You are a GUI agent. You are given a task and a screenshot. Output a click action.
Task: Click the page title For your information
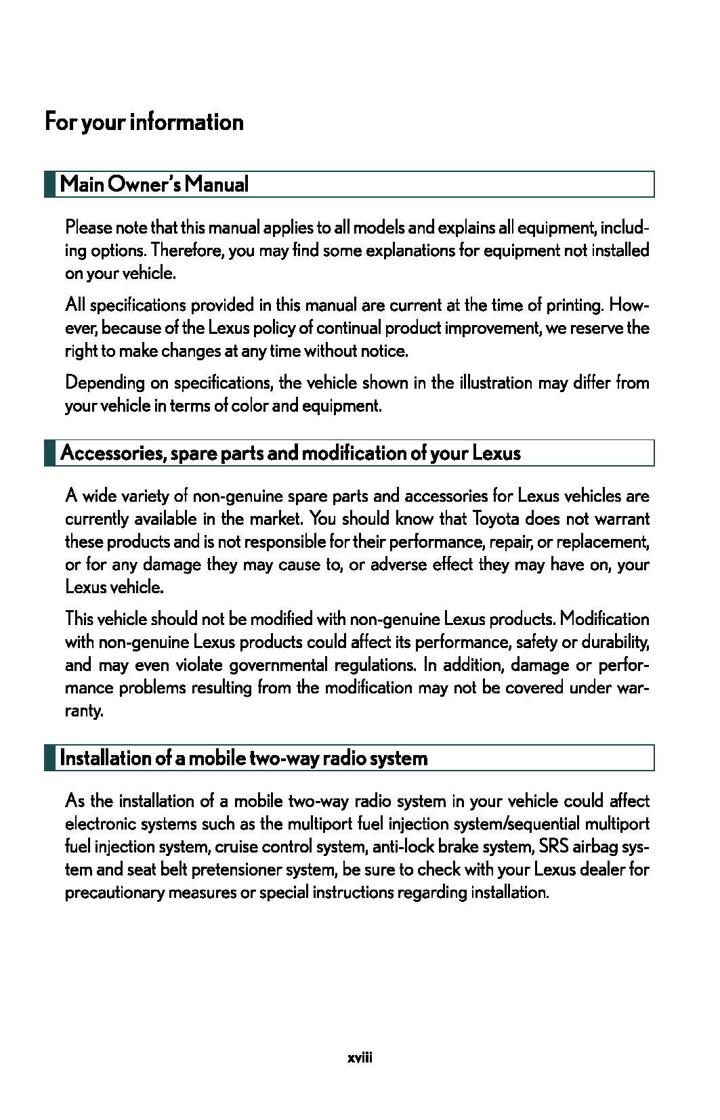[144, 123]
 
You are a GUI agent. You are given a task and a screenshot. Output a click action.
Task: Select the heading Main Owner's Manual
[154, 184]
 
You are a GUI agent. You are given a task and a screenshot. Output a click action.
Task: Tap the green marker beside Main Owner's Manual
[49, 184]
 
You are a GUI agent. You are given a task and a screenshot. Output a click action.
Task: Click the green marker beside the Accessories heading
[49, 453]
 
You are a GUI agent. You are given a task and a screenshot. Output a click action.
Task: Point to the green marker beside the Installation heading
[49, 758]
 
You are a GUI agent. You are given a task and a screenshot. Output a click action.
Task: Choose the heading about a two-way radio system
[244, 758]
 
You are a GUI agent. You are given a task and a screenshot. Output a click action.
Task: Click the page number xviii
[360, 1058]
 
